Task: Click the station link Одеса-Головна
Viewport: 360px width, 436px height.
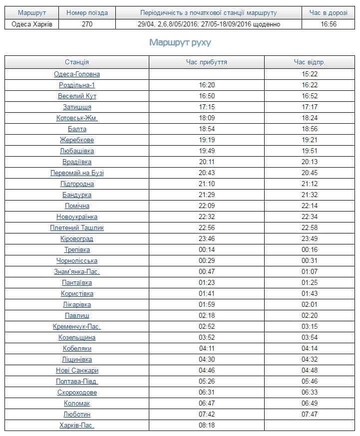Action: tap(77, 74)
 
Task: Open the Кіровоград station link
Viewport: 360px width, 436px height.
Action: tap(77, 239)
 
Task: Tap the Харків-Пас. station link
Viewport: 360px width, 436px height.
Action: tap(77, 426)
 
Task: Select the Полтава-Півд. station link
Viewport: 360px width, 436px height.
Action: tap(77, 382)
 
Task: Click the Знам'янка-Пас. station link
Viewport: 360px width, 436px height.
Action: tap(77, 272)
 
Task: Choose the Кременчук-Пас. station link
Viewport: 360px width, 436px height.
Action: tap(77, 327)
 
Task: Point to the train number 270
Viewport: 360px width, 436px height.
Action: tap(87, 24)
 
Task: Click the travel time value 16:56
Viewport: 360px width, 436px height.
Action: tap(329, 24)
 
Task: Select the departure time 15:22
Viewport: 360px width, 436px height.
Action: tap(309, 74)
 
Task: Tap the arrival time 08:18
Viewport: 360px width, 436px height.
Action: tap(206, 426)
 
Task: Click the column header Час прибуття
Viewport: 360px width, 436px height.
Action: tap(206, 62)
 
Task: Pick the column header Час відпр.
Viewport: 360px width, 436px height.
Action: tap(309, 62)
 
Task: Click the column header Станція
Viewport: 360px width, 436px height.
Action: tap(77, 62)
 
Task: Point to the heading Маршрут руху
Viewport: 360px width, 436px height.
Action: tap(180, 43)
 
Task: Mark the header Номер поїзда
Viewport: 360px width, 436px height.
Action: tap(87, 13)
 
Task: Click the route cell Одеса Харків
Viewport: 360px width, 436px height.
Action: tap(31, 24)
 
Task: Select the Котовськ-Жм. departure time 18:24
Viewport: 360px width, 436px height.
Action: tap(309, 118)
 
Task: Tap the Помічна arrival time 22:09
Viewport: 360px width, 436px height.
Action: tap(206, 206)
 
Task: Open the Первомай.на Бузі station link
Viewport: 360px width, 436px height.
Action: tap(77, 173)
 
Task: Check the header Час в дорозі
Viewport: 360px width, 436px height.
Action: tap(329, 13)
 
